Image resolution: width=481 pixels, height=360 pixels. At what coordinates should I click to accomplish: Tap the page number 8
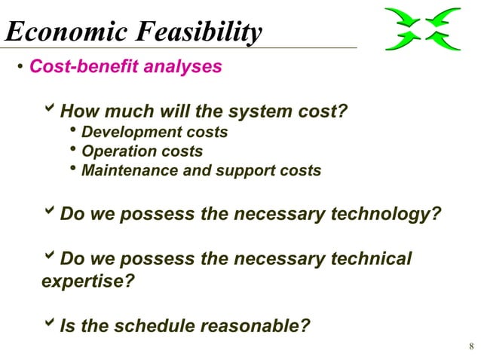[470, 346]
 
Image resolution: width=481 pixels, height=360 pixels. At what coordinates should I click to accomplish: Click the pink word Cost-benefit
[83, 67]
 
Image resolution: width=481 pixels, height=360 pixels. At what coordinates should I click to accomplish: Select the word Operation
[113, 151]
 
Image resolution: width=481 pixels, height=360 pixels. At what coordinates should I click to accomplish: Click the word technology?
[385, 215]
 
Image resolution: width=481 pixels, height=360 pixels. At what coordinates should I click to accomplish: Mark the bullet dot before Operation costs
[73, 151]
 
